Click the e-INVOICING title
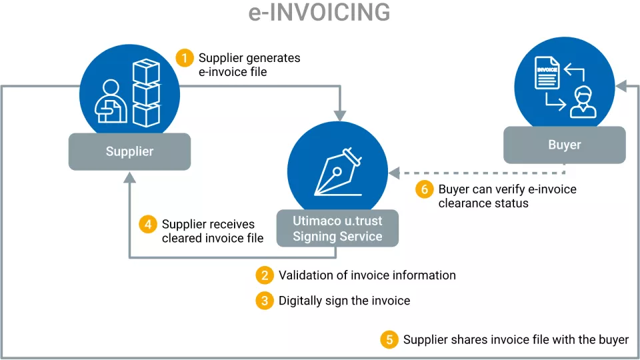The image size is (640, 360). pyautogui.click(x=319, y=13)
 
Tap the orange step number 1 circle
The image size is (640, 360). pyautogui.click(x=185, y=58)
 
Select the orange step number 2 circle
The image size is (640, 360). pyautogui.click(x=265, y=275)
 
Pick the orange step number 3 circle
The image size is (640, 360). pyautogui.click(x=265, y=301)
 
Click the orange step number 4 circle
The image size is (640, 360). pyautogui.click(x=148, y=225)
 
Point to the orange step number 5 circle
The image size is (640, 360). pyautogui.click(x=389, y=340)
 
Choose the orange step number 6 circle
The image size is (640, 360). pyautogui.click(x=425, y=189)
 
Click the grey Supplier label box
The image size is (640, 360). pyautogui.click(x=129, y=151)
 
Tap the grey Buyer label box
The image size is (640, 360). pyautogui.click(x=564, y=145)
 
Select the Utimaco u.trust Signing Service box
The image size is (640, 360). pyautogui.click(x=337, y=227)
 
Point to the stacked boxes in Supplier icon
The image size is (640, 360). pyautogui.click(x=146, y=93)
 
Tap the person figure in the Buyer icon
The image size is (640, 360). pyautogui.click(x=582, y=102)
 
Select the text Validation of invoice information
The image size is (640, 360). pyautogui.click(x=367, y=275)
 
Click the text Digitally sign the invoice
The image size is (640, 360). pyautogui.click(x=344, y=301)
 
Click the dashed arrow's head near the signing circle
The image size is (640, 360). pyautogui.click(x=394, y=173)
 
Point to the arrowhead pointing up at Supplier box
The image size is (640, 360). pyautogui.click(x=129, y=177)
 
